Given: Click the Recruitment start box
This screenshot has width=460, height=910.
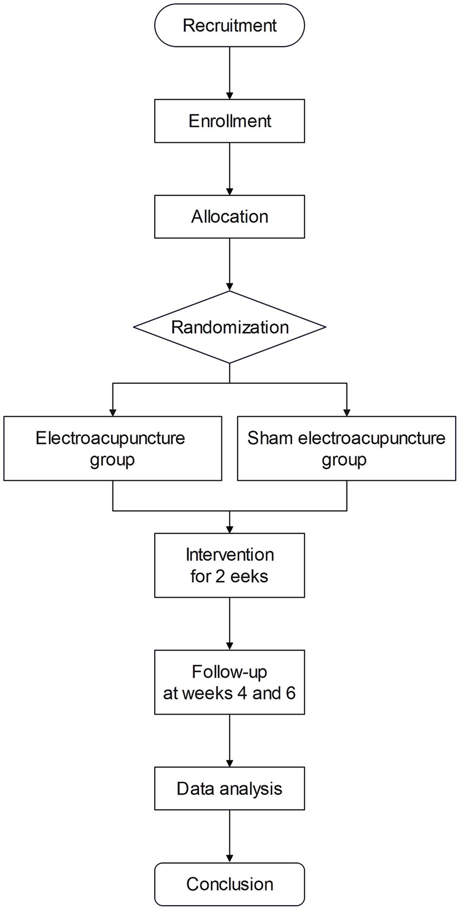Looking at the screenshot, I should tap(229, 25).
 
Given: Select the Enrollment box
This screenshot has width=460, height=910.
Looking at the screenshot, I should tap(229, 121).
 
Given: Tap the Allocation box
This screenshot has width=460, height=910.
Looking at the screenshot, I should tap(229, 217).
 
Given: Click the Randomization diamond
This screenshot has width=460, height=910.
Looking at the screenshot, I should tap(229, 327).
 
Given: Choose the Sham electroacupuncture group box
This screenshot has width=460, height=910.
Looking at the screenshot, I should tap(346, 448).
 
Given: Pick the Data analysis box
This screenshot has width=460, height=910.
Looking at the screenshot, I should tap(229, 788).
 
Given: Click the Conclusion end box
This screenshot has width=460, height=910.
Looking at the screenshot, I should tap(229, 884).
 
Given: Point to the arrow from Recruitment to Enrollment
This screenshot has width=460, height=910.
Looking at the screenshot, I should tap(229, 73).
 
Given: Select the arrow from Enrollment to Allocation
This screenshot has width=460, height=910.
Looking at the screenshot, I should tap(229, 168).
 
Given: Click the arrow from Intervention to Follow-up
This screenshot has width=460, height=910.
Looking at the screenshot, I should tap(229, 624).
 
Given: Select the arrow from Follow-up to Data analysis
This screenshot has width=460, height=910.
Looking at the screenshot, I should tap(229, 741).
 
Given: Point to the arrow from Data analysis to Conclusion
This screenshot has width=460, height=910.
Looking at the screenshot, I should tap(229, 836).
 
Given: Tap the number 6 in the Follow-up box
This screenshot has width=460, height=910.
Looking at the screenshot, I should tap(291, 693).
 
